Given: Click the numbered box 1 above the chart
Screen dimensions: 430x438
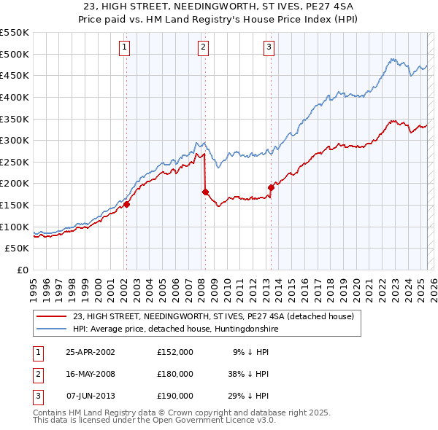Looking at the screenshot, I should pyautogui.click(x=125, y=48).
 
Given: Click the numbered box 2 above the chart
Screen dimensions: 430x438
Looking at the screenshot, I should pyautogui.click(x=202, y=48).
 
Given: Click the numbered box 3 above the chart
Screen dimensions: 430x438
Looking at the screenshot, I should pyautogui.click(x=269, y=48).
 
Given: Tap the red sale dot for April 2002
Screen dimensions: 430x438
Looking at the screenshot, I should pyautogui.click(x=126, y=205).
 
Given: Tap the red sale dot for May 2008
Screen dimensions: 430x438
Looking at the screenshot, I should pyautogui.click(x=205, y=192).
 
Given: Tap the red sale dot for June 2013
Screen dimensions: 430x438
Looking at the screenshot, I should pyautogui.click(x=271, y=187).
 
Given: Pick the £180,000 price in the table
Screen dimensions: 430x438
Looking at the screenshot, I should pyautogui.click(x=174, y=374).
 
